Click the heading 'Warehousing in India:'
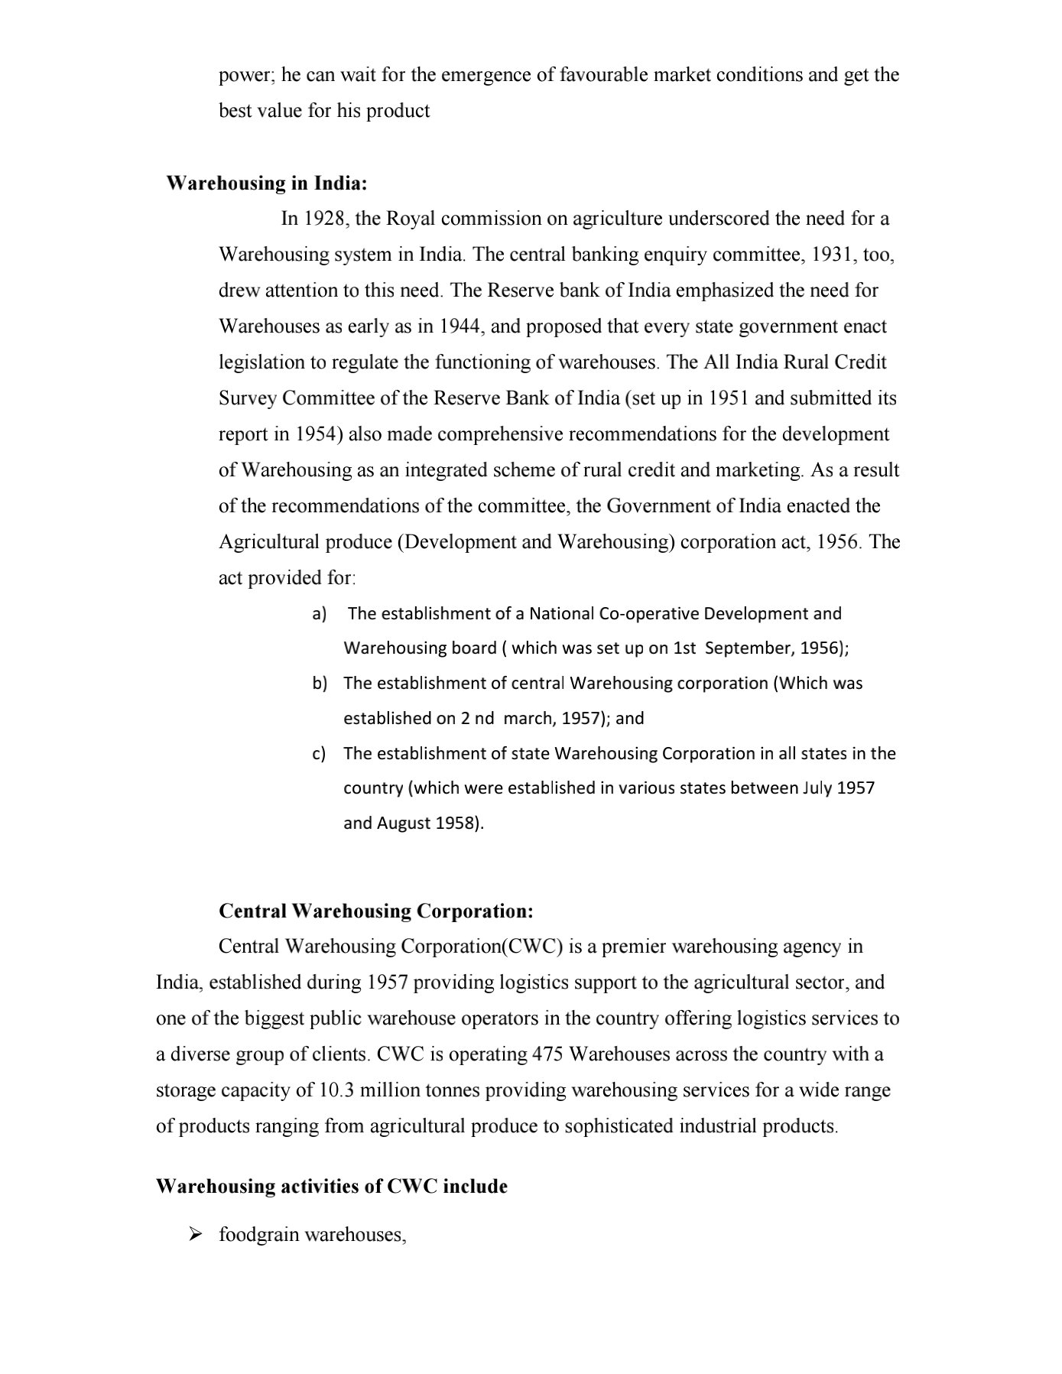[x=267, y=184]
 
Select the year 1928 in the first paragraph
[x=326, y=219]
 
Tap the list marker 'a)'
[x=320, y=614]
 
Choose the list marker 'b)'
[x=320, y=684]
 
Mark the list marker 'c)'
[x=320, y=754]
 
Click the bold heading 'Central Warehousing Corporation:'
[x=376, y=911]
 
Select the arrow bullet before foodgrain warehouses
[x=195, y=1234]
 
